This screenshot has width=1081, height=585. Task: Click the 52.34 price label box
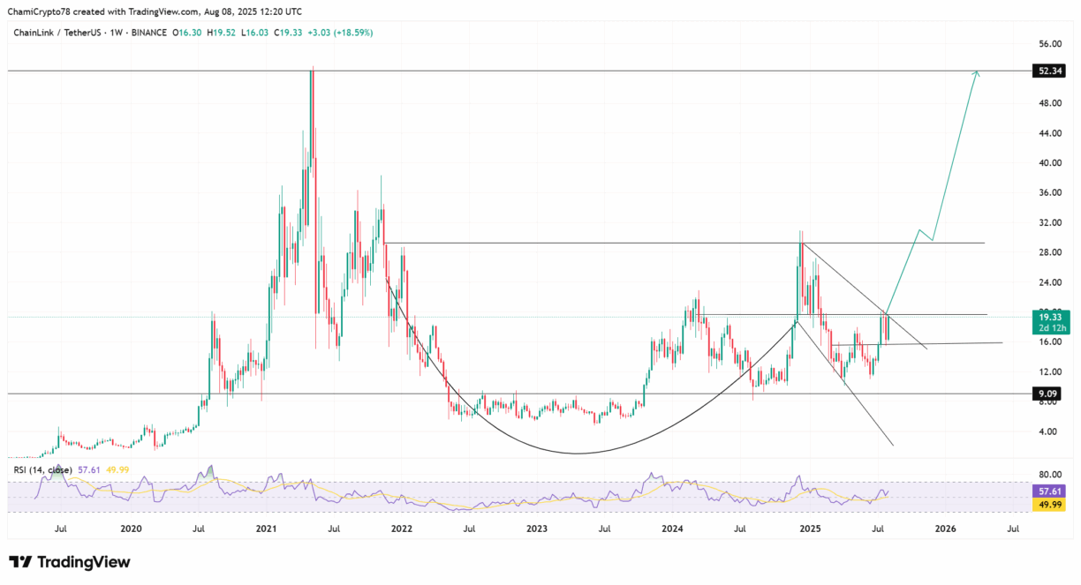click(x=1048, y=71)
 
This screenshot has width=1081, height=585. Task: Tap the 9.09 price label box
click(x=1048, y=393)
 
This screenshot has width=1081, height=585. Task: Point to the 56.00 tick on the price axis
click(x=1049, y=43)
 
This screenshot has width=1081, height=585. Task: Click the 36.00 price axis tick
click(x=1049, y=193)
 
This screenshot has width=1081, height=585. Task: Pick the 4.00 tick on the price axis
click(x=1049, y=431)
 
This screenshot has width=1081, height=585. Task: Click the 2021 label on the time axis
click(x=266, y=529)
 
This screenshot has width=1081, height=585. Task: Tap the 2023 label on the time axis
click(x=537, y=529)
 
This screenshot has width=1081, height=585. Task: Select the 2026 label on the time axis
click(x=945, y=529)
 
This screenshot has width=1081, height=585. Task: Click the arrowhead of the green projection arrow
click(x=977, y=72)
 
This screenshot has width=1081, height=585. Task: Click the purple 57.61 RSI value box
click(x=1048, y=491)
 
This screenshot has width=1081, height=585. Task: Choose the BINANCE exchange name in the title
click(x=148, y=33)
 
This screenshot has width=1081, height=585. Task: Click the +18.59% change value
click(x=352, y=33)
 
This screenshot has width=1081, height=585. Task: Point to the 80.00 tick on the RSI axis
click(x=1049, y=474)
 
